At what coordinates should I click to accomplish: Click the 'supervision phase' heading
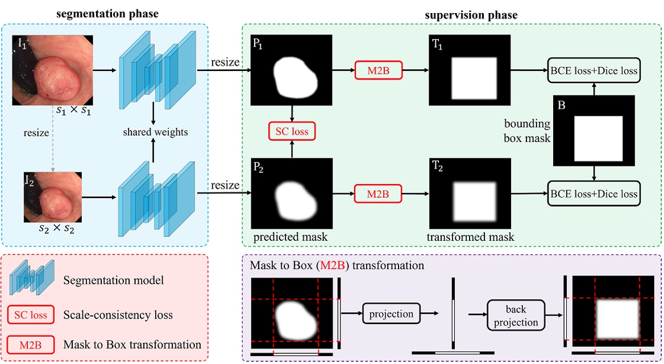click(471, 15)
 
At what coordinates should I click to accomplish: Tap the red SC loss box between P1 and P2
click(292, 132)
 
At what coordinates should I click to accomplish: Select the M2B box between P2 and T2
click(378, 194)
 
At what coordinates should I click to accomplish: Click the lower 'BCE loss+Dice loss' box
click(593, 194)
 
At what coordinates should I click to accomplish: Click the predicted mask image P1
click(290, 70)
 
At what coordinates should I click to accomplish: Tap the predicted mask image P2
click(290, 193)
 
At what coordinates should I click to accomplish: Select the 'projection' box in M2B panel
click(391, 313)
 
